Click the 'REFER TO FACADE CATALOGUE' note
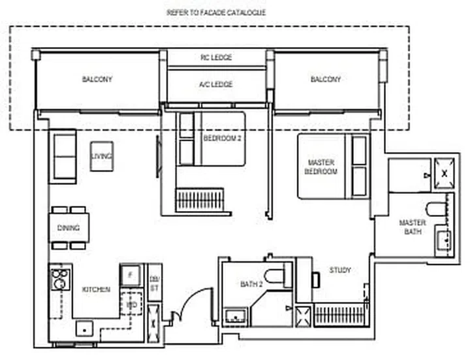click(x=216, y=12)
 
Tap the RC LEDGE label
click(x=216, y=57)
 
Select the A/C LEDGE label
click(x=216, y=84)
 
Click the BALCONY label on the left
click(x=97, y=79)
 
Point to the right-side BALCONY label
click(x=326, y=79)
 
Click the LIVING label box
click(x=102, y=156)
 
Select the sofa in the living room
click(x=63, y=156)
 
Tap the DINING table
click(x=69, y=228)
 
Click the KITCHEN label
click(x=96, y=289)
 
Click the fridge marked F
click(x=130, y=275)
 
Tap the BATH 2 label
click(x=251, y=284)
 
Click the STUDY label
click(x=339, y=270)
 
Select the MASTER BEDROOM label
click(x=321, y=167)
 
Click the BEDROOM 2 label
click(x=222, y=139)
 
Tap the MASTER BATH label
click(x=413, y=227)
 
